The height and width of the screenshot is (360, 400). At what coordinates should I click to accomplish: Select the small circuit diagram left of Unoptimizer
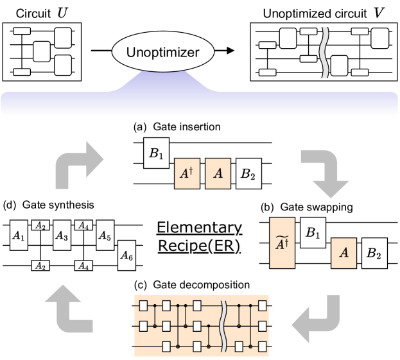[42, 51]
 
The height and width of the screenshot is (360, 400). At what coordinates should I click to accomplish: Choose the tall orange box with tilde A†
[282, 243]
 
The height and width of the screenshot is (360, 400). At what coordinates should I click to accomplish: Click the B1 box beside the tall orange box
[313, 234]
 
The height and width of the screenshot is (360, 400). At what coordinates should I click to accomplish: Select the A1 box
[19, 236]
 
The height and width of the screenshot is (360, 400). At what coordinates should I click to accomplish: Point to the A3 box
[62, 236]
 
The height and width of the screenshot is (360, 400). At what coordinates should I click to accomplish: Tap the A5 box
[105, 236]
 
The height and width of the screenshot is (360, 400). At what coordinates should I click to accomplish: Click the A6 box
[127, 256]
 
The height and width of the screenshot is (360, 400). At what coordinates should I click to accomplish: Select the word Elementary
[199, 228]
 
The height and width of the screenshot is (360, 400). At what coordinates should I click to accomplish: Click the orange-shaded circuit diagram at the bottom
[202, 325]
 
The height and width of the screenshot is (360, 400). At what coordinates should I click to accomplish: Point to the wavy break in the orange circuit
[223, 325]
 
